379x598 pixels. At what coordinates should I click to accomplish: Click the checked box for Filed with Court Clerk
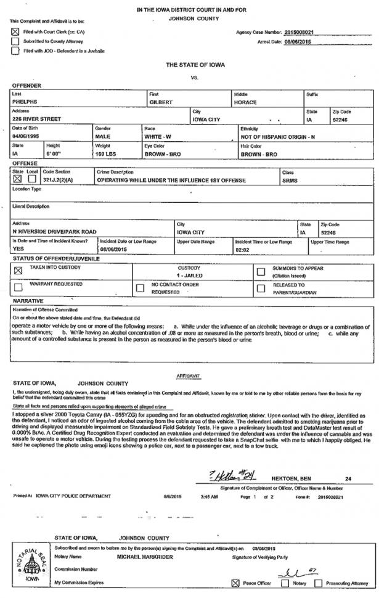(x=15, y=30)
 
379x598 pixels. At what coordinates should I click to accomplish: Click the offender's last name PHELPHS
(x=25, y=101)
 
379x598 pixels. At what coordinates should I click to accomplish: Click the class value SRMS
(x=290, y=180)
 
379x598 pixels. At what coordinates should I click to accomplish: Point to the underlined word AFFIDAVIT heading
(x=189, y=374)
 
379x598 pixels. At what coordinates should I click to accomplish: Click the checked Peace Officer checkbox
(x=234, y=583)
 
